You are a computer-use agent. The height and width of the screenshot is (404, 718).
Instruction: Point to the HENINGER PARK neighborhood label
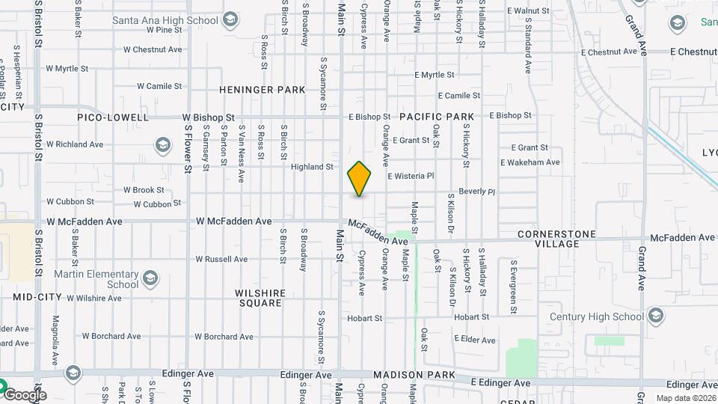262,90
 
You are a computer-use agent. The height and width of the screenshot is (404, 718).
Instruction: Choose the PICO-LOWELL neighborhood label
112,117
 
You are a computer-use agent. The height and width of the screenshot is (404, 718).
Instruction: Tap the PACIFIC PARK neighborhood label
437,117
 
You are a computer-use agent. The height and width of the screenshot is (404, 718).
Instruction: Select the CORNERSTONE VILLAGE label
557,239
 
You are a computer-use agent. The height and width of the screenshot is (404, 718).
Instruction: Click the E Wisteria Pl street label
411,176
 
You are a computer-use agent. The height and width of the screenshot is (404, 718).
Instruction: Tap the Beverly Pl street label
477,192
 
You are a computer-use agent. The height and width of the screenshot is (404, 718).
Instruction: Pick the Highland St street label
312,167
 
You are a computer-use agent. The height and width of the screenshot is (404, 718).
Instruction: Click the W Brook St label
144,190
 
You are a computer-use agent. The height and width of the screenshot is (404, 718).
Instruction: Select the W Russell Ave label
221,260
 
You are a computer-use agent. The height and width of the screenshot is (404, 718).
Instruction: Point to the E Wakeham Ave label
530,162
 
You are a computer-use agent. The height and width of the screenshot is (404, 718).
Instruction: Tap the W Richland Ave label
74,144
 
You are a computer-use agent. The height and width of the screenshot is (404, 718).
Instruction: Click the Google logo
24,394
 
